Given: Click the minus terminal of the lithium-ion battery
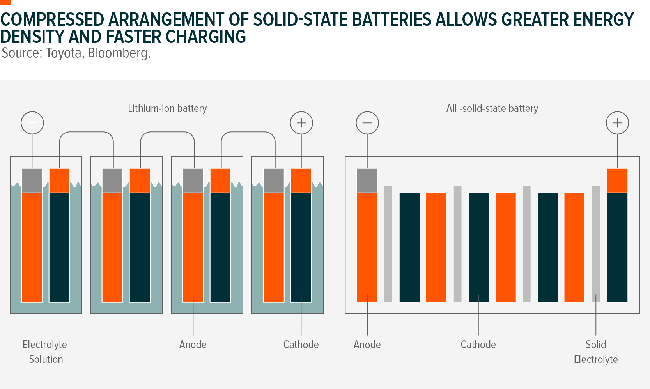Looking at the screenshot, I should [x=32, y=123].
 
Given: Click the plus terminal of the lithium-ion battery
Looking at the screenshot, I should [x=301, y=123].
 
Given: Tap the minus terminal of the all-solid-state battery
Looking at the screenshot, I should [x=367, y=123].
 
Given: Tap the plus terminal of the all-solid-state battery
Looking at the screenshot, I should [x=617, y=123].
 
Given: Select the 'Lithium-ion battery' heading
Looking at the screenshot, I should [x=167, y=108].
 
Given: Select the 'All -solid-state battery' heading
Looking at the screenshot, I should [x=492, y=108].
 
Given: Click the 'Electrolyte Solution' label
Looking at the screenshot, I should [x=45, y=352].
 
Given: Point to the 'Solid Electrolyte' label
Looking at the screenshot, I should [x=596, y=352].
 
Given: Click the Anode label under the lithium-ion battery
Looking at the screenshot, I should [x=193, y=345].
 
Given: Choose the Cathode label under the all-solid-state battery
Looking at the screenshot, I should [x=478, y=345].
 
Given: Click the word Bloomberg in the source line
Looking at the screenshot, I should [x=119, y=53].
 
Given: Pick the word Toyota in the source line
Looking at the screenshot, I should [x=64, y=53].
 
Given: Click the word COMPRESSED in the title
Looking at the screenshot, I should [x=52, y=19].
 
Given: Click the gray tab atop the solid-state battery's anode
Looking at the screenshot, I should [x=367, y=180].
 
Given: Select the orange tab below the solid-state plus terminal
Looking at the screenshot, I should [x=617, y=180].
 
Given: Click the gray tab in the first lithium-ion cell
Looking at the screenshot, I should [x=32, y=180].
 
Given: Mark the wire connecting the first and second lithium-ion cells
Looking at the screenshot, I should [x=87, y=133].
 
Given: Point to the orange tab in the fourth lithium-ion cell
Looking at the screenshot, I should [x=301, y=180].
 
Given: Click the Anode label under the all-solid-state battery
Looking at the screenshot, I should [x=367, y=345].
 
